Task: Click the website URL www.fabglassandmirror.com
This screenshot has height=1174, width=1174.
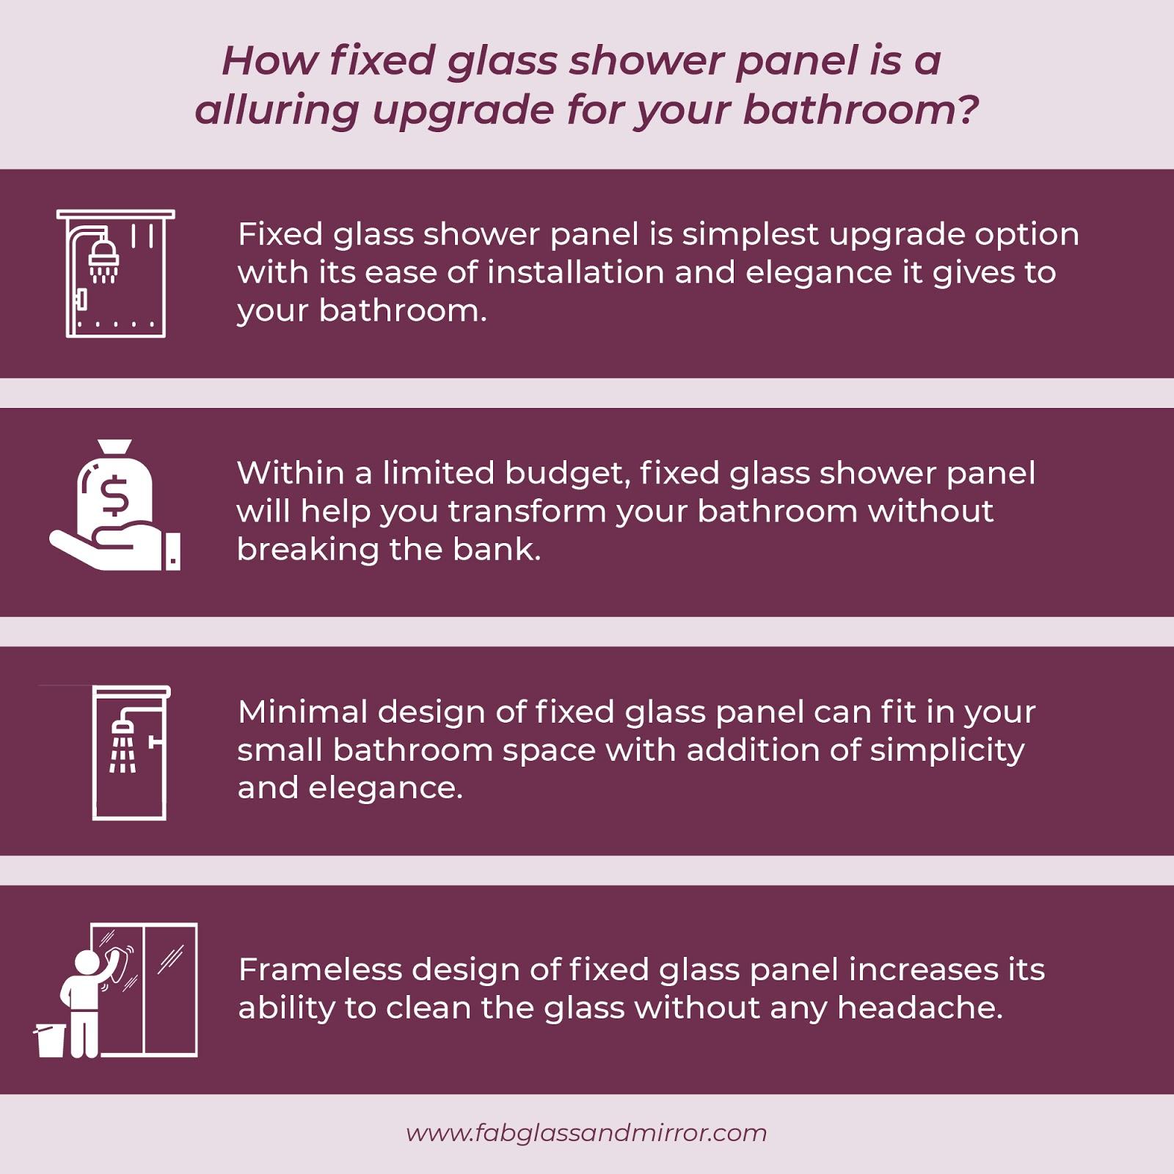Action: (x=586, y=1133)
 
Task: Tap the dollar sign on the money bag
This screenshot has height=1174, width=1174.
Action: (x=116, y=495)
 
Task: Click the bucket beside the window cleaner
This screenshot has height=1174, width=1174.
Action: (x=51, y=1040)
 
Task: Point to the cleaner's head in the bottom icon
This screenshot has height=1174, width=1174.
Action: (x=87, y=960)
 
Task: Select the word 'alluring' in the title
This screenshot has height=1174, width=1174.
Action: (x=277, y=110)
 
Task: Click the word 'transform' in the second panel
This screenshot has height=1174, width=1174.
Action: (x=527, y=511)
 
